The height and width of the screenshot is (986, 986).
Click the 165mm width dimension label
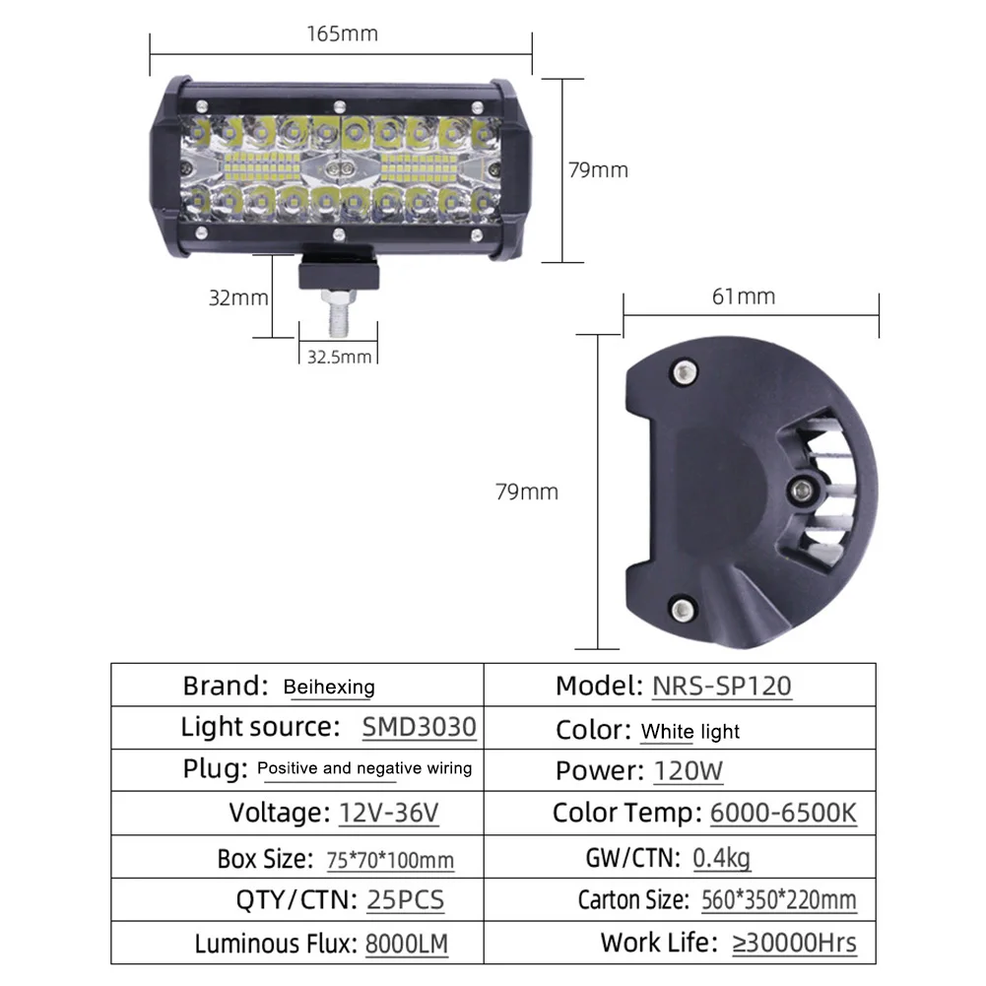[342, 33]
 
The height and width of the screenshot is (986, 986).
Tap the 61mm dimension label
[744, 296]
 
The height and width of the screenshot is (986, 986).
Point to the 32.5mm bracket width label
[339, 358]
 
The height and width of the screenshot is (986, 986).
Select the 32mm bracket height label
[238, 297]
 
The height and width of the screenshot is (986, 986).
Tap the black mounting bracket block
[339, 271]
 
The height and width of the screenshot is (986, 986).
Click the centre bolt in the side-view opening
[802, 489]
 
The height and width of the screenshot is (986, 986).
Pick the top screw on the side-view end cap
[685, 372]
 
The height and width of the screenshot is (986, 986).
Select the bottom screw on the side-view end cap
[683, 609]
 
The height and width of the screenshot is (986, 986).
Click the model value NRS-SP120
[721, 686]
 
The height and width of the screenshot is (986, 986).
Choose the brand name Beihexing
[329, 687]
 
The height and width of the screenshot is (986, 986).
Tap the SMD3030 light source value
[419, 727]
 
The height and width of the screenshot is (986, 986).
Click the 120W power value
[688, 771]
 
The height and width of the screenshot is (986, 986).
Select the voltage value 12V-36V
[389, 813]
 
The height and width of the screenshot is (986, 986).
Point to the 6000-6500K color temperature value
[783, 813]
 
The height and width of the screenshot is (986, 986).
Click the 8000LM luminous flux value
[406, 944]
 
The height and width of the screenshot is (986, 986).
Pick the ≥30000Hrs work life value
[794, 944]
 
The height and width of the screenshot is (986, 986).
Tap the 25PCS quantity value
[405, 900]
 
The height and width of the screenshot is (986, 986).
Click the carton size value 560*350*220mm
[778, 900]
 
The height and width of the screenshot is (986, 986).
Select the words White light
[690, 731]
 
